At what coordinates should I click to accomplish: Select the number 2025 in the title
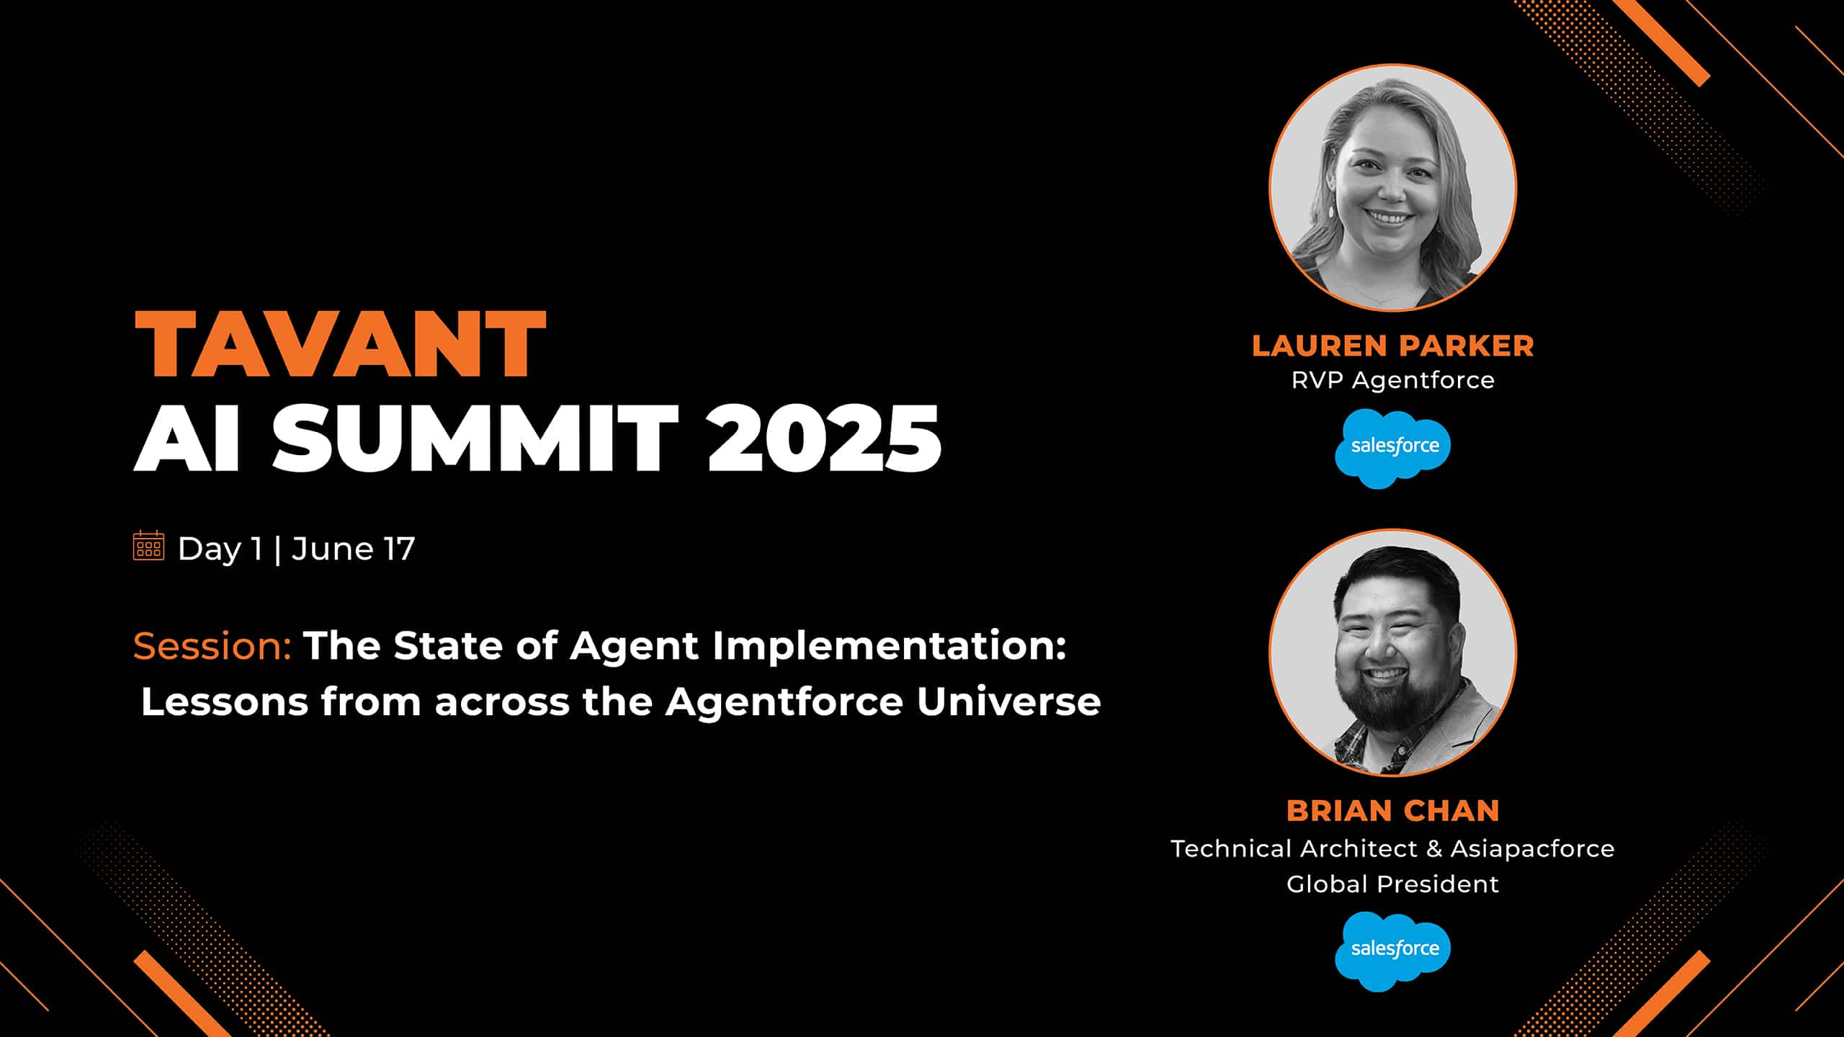click(824, 437)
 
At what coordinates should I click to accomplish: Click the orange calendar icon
click(149, 545)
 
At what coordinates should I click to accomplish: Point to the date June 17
click(354, 549)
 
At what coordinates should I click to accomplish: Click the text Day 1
click(220, 549)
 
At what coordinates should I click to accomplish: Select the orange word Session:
click(212, 646)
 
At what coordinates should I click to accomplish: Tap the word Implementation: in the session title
click(889, 646)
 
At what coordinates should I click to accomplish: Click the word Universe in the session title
click(1008, 701)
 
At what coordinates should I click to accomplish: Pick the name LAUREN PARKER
click(1393, 346)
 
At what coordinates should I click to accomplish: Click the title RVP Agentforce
click(1393, 380)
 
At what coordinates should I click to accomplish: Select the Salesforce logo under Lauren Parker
click(1393, 448)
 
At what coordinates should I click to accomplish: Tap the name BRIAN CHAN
click(1393, 811)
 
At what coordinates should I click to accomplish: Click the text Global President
click(1393, 884)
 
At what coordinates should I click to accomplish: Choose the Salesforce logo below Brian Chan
click(1393, 951)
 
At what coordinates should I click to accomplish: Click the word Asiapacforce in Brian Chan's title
click(1532, 849)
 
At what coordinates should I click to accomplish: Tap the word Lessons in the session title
click(225, 701)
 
